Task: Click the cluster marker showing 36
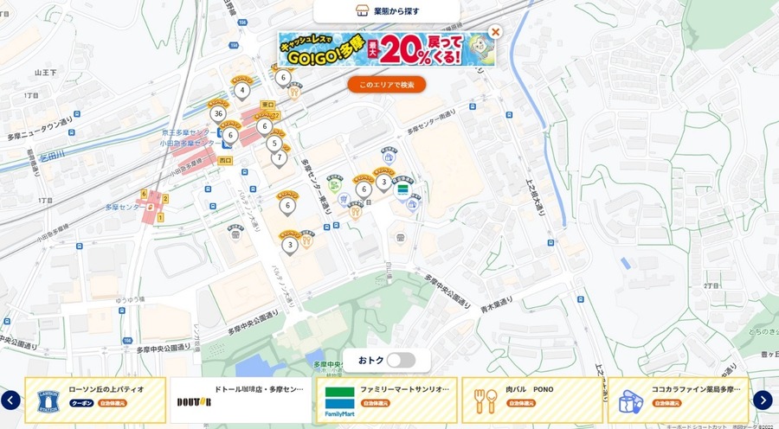pos(217,113)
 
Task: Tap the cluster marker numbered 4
pos(242,89)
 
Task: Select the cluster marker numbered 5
pos(274,144)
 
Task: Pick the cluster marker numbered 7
pos(279,158)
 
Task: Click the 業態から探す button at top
pos(386,11)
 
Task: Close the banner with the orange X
pos(495,32)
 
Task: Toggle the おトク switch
pos(401,360)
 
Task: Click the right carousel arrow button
pos(763,400)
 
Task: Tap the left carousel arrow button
pos(10,400)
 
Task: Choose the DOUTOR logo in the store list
pos(194,402)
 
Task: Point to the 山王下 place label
pos(45,74)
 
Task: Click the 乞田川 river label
pos(53,158)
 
